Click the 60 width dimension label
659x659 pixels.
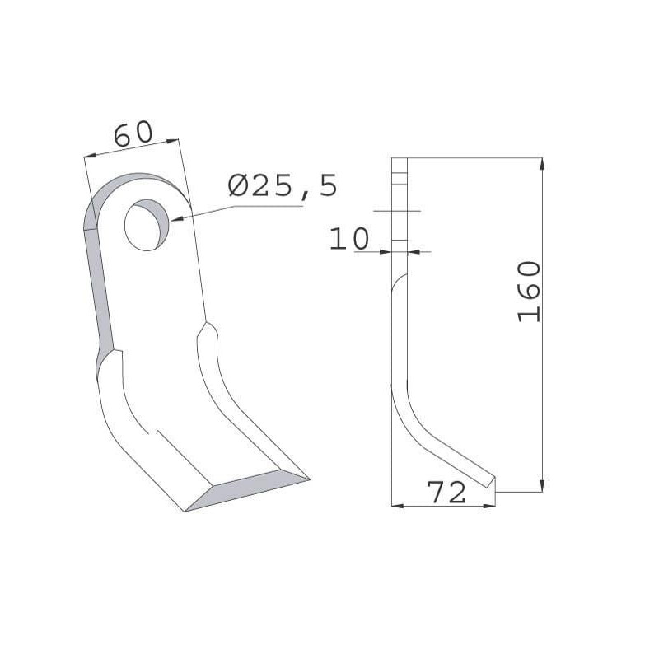pos(133,133)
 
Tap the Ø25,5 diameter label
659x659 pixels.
pos(283,186)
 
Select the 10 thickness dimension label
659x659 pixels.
pos(348,238)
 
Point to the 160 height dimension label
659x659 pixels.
pos(529,292)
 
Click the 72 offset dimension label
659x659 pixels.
pos(446,492)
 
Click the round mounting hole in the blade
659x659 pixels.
pos(147,225)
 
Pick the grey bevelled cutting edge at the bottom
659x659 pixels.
pos(247,490)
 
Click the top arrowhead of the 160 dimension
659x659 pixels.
pos(542,164)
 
